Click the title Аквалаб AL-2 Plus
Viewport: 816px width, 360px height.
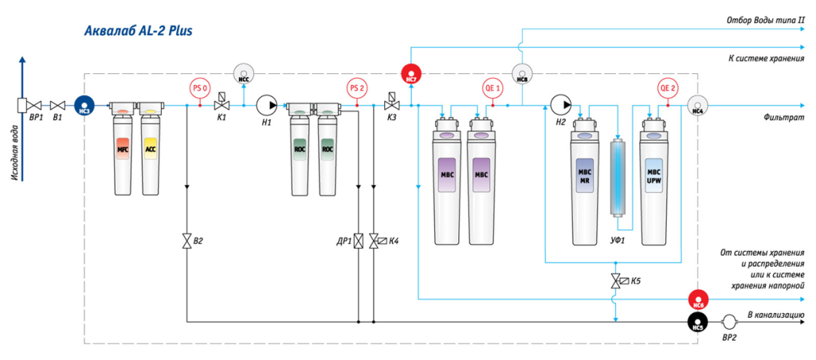click(x=138, y=31)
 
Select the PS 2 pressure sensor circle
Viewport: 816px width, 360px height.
click(x=357, y=88)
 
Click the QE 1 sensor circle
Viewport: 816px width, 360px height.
click(x=492, y=88)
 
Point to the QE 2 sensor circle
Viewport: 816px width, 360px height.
click(x=668, y=88)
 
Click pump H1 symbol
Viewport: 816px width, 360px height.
click(x=265, y=104)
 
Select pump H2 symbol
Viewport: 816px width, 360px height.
click(x=560, y=104)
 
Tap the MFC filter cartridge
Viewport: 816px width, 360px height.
click(x=124, y=151)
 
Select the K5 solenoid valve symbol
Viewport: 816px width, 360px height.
click(x=615, y=281)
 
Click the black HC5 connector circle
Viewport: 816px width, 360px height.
click(x=698, y=322)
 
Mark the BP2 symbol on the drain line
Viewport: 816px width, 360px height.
click(x=728, y=322)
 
